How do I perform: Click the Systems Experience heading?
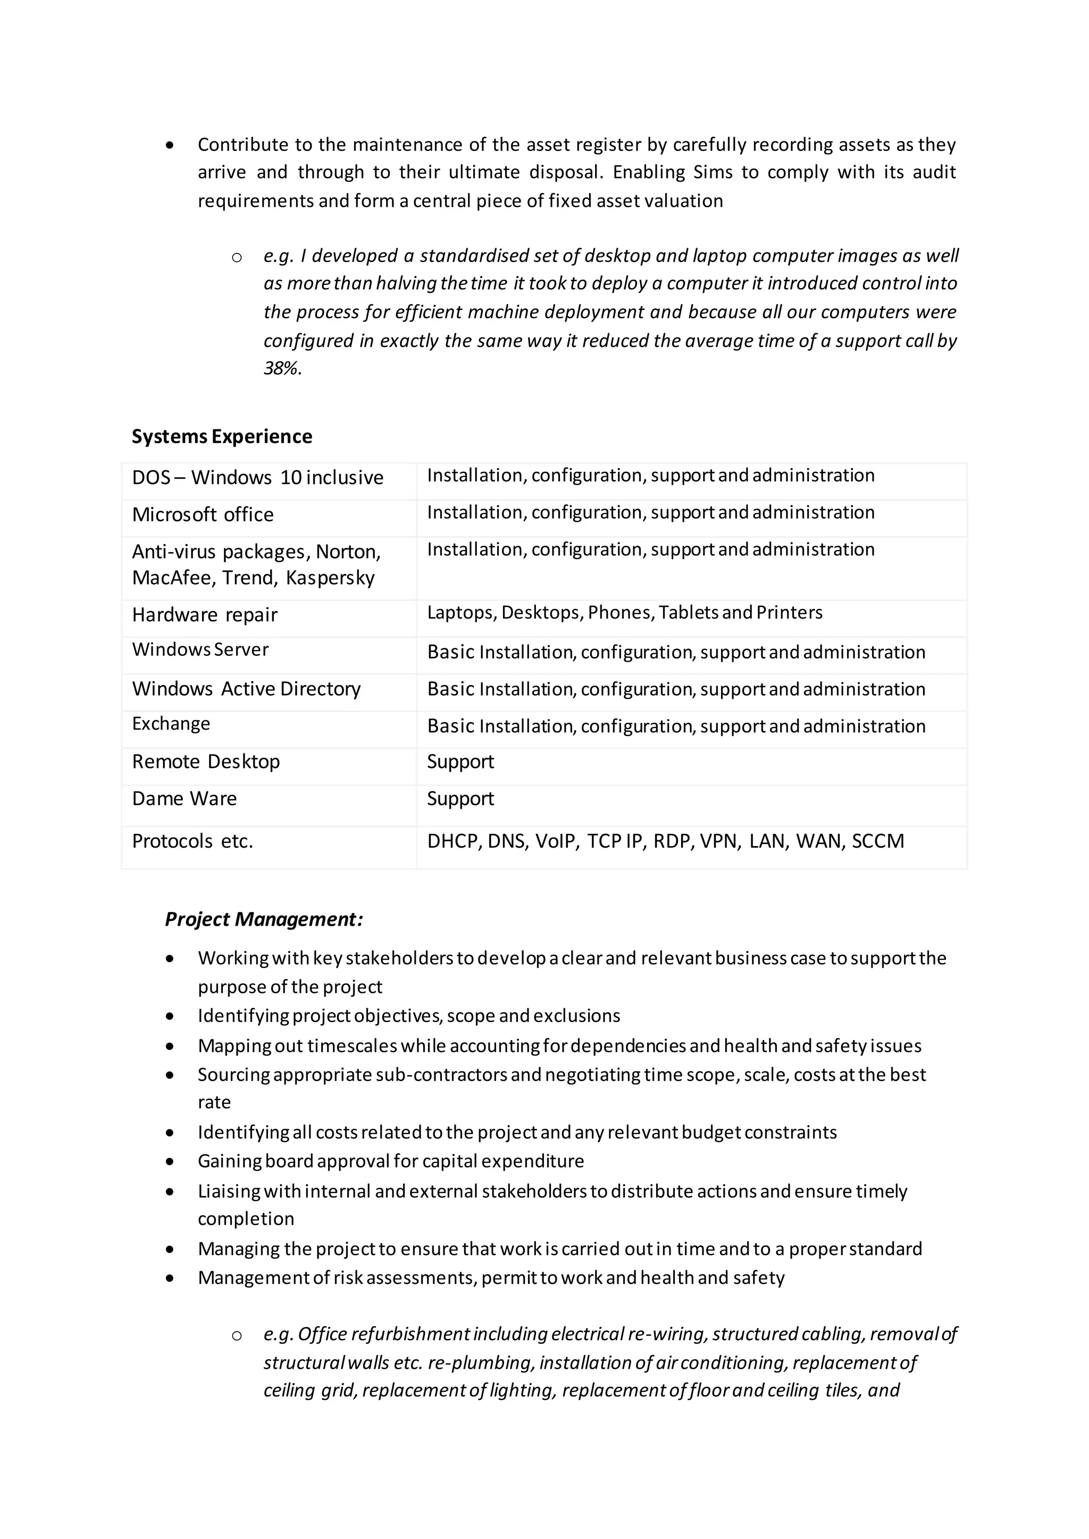(221, 436)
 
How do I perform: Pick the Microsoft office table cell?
(203, 515)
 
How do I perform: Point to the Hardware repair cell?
(205, 615)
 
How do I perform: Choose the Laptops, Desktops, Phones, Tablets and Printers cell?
(624, 613)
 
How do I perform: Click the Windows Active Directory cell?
(246, 689)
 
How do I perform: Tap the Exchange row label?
(171, 724)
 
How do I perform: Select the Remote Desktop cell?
(206, 762)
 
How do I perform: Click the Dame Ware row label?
(185, 798)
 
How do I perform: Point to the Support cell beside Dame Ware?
(460, 798)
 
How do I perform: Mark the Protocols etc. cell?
(192, 841)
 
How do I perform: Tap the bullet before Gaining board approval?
(170, 1162)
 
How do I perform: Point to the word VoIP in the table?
(555, 841)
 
